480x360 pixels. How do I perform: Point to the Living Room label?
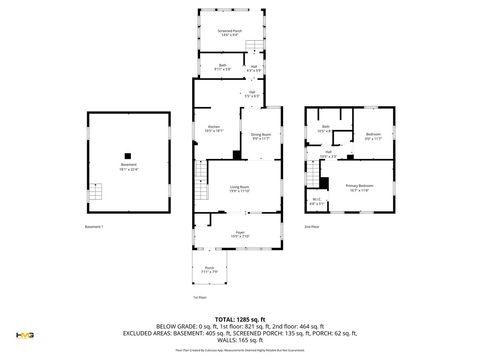pos(239,189)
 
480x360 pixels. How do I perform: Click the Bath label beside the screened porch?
pos(222,67)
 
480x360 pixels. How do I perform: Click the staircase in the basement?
pos(98,193)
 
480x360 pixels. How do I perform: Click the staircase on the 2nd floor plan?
pos(323,181)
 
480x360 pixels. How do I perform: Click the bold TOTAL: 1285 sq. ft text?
pos(240,320)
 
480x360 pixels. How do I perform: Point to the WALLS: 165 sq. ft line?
pos(240,343)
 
